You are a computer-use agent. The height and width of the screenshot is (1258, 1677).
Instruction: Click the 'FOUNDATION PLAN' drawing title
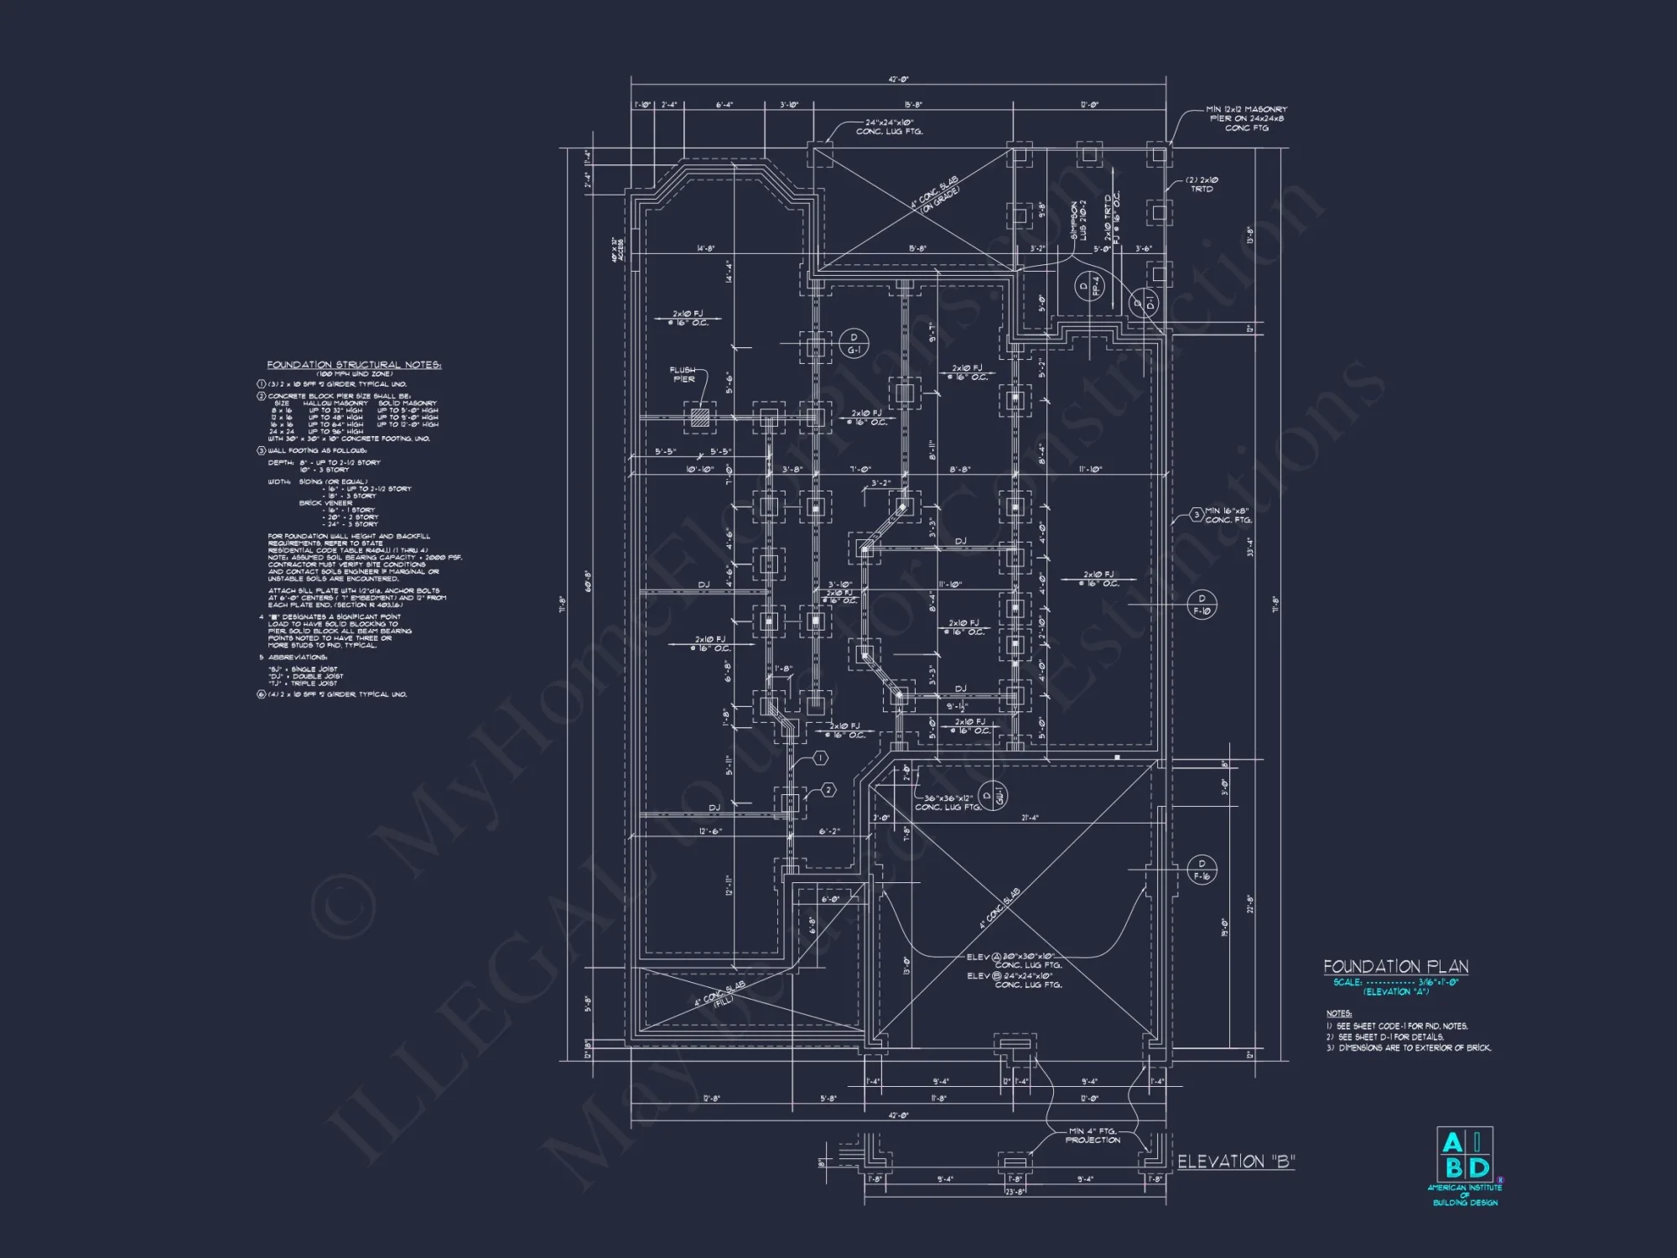(x=1396, y=967)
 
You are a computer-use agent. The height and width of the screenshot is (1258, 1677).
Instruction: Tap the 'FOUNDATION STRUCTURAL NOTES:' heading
(x=354, y=365)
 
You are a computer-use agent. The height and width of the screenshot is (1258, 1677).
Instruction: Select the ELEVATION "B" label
(x=1236, y=1162)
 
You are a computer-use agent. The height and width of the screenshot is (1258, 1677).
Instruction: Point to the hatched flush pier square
(x=698, y=417)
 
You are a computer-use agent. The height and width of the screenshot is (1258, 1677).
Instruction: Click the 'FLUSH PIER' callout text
(x=683, y=374)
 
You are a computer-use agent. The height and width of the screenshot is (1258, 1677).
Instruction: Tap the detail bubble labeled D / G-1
(x=853, y=342)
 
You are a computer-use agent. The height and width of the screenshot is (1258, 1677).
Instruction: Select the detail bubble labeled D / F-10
(x=1202, y=605)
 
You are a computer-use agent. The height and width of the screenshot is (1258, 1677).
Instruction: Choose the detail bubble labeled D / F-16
(x=1202, y=870)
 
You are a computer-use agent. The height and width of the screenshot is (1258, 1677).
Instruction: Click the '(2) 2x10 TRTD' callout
(x=1201, y=185)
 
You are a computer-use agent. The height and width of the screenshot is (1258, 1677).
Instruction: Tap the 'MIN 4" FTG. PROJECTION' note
(x=1093, y=1136)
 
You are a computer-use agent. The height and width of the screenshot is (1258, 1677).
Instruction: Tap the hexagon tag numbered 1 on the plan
(x=820, y=758)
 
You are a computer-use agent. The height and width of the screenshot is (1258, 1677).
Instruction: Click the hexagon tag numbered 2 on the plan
(x=828, y=790)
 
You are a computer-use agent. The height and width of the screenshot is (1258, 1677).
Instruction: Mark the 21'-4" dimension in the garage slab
(x=1031, y=818)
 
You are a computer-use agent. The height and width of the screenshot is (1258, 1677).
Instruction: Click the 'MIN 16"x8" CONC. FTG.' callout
(x=1228, y=515)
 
